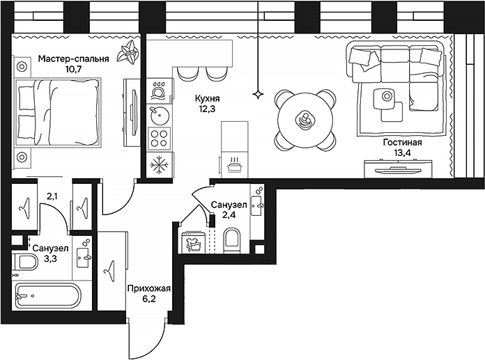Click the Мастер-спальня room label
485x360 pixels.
pos(73,59)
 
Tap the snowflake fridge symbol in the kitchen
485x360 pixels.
pos(160,165)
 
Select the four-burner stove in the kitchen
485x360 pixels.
pos(160,136)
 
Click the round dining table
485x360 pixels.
pos(305,120)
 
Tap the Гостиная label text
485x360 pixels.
pos(402,141)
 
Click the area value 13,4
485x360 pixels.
pos(402,152)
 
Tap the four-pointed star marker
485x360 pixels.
pos(259,93)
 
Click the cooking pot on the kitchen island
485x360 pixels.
pos(235,164)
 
